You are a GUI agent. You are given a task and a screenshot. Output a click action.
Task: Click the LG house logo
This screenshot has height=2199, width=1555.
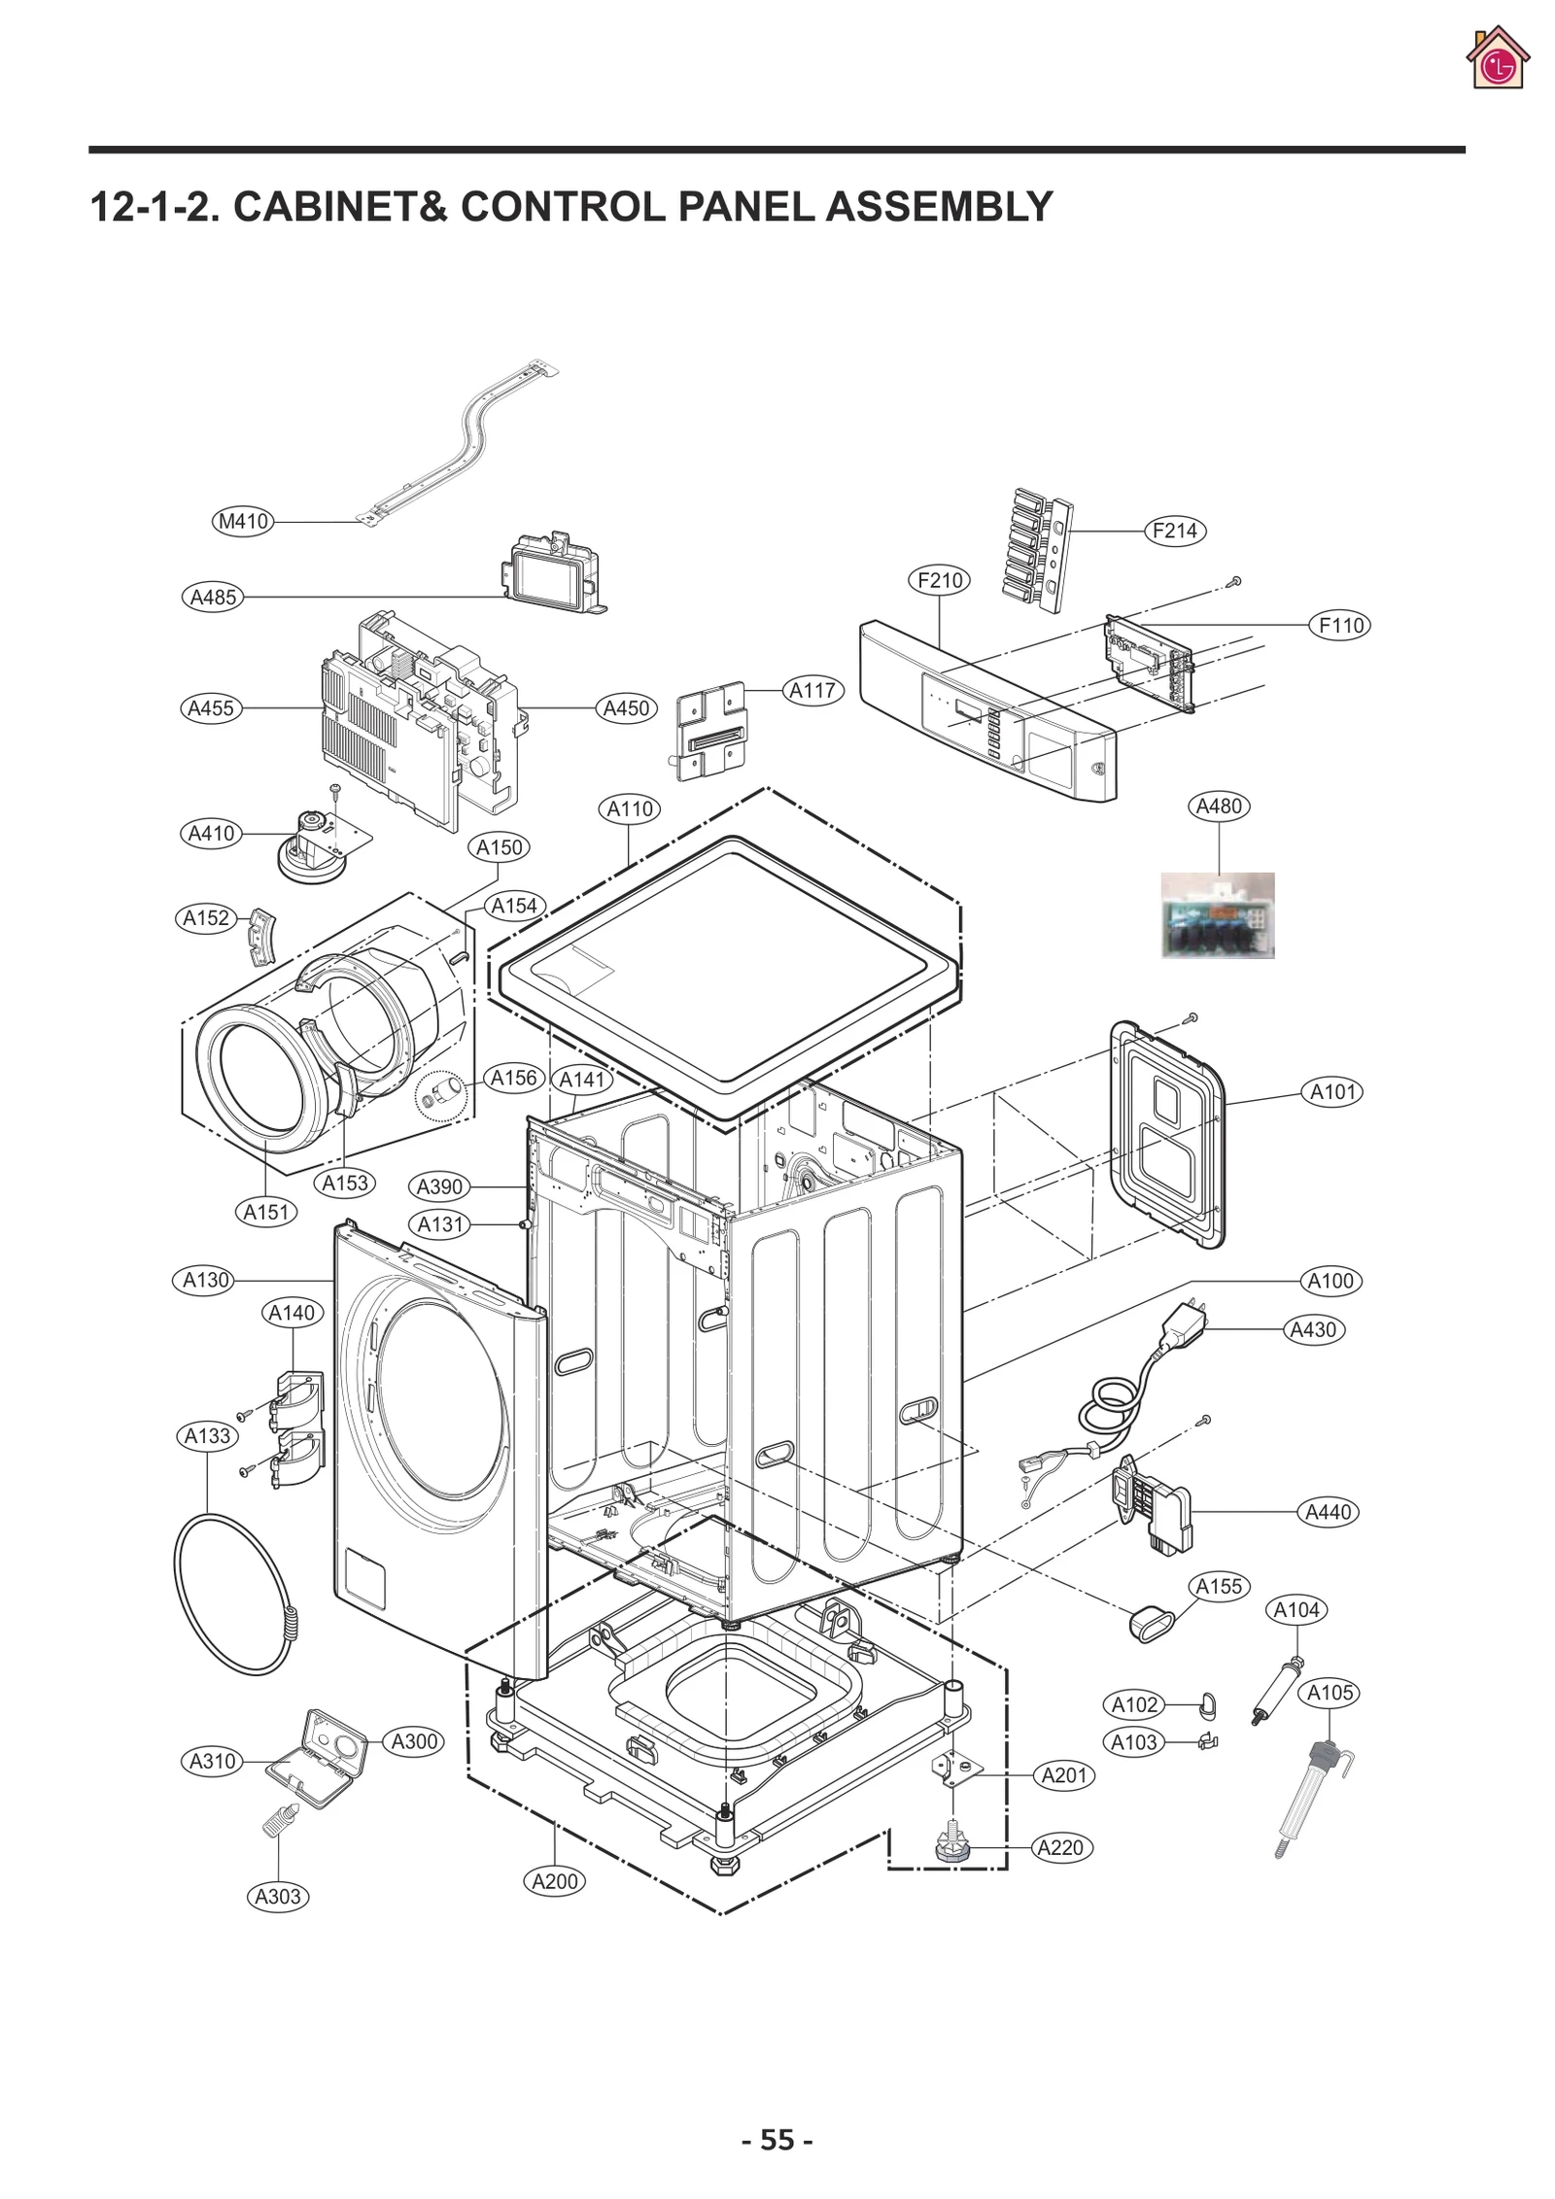1498,59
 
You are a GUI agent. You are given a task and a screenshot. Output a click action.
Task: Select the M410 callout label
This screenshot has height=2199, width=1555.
243,522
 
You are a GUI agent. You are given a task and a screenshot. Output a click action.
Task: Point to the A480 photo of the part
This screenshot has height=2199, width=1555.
1218,915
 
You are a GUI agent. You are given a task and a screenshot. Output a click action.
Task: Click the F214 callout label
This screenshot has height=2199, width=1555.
1174,532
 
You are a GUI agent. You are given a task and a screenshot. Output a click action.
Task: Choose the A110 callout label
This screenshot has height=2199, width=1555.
631,808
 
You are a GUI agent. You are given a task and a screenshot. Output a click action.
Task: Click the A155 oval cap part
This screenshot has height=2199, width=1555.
1150,1624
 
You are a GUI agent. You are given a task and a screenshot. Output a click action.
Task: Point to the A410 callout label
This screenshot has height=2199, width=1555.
211,834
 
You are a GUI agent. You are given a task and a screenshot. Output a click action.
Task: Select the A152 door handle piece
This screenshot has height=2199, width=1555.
260,936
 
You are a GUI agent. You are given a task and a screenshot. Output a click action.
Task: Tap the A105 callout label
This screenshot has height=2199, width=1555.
1330,1693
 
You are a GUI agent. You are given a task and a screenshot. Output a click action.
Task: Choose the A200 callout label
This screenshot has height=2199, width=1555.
555,1880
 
